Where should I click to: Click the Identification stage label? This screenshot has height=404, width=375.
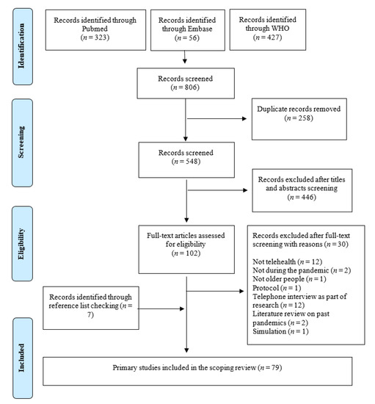pyautogui.click(x=21, y=46)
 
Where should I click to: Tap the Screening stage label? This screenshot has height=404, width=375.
pyautogui.click(x=21, y=143)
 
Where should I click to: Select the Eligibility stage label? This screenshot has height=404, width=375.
pyautogui.click(x=21, y=244)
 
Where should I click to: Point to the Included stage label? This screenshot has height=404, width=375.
pyautogui.click(x=21, y=358)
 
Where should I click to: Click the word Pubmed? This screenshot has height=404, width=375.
pyautogui.click(x=95, y=29)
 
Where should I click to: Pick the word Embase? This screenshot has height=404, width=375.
pyautogui.click(x=200, y=29)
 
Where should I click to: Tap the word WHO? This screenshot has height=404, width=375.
pyautogui.click(x=280, y=29)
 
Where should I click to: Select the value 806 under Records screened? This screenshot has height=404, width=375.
pyautogui.click(x=191, y=87)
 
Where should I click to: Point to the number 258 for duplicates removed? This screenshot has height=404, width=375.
pyautogui.click(x=305, y=118)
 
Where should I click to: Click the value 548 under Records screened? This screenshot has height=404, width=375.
pyautogui.click(x=192, y=162)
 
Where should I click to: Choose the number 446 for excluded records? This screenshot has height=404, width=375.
pyautogui.click(x=307, y=198)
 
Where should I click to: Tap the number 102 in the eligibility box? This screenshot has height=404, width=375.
pyautogui.click(x=192, y=253)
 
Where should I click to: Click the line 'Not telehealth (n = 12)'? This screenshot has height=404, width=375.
pyautogui.click(x=288, y=261)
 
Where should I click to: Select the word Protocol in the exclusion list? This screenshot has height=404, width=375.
pyautogui.click(x=266, y=288)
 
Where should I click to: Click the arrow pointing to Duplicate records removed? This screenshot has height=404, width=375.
pyautogui.click(x=216, y=118)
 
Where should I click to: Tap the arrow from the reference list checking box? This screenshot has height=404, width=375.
pyautogui.click(x=161, y=309)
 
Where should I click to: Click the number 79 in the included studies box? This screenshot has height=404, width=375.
pyautogui.click(x=275, y=368)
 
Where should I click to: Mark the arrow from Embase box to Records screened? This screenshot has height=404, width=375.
pyautogui.click(x=184, y=57)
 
